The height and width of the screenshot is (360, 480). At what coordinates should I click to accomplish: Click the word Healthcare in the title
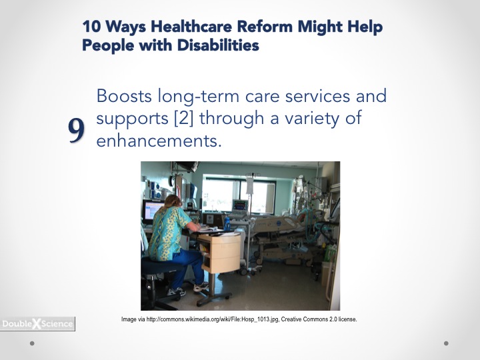(191, 27)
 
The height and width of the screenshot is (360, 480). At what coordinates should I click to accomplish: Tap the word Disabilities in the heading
(218, 45)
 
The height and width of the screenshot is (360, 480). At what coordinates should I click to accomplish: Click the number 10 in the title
(91, 27)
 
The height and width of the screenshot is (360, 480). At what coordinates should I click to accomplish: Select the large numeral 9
(76, 130)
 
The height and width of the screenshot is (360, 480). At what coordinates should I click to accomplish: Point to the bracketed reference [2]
(184, 119)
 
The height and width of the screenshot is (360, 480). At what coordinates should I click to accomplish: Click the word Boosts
(124, 96)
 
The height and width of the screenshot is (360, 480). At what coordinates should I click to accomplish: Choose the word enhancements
(159, 141)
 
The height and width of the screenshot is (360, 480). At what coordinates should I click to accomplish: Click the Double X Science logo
(37, 324)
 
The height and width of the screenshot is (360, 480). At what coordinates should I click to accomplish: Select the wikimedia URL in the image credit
(213, 319)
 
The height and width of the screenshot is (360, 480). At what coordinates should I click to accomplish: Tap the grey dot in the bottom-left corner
(32, 343)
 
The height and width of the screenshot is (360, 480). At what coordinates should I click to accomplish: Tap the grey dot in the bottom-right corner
(446, 343)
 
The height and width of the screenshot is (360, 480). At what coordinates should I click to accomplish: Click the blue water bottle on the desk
(227, 223)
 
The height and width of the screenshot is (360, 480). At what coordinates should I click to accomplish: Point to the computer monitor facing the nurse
(153, 210)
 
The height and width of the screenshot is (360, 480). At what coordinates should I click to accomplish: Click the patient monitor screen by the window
(240, 205)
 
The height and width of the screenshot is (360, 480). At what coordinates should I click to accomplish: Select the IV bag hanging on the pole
(250, 185)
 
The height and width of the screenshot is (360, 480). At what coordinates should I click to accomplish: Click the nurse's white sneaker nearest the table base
(201, 287)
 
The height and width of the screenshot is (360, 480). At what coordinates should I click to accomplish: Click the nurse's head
(173, 203)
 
